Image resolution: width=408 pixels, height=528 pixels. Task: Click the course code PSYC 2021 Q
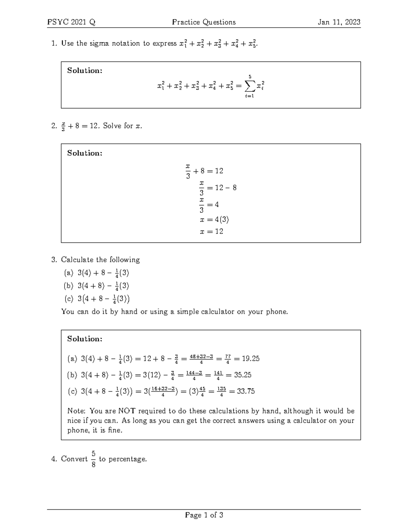pyautogui.click(x=71, y=22)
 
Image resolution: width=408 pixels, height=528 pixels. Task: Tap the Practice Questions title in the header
pyautogui.click(x=204, y=22)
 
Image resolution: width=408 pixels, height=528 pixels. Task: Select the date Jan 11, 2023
pyautogui.click(x=339, y=22)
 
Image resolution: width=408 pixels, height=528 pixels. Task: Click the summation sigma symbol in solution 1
pyautogui.click(x=250, y=87)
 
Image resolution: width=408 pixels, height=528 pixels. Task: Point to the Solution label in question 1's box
pyautogui.click(x=85, y=71)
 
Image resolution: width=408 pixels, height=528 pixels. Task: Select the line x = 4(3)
pyautogui.click(x=214, y=220)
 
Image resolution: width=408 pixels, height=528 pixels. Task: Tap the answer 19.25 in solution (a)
pyautogui.click(x=250, y=359)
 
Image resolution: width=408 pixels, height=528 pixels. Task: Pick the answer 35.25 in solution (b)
pyautogui.click(x=242, y=375)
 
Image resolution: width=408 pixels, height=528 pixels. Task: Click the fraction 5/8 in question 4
pyautogui.click(x=93, y=459)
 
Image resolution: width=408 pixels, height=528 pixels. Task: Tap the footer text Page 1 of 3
pyautogui.click(x=204, y=515)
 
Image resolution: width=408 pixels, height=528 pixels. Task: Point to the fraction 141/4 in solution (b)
pyautogui.click(x=218, y=375)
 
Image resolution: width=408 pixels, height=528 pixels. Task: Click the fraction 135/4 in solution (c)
pyautogui.click(x=221, y=392)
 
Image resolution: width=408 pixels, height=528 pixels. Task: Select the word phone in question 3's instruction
pyautogui.click(x=276, y=312)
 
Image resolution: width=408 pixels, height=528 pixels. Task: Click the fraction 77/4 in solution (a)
pyautogui.click(x=227, y=359)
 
